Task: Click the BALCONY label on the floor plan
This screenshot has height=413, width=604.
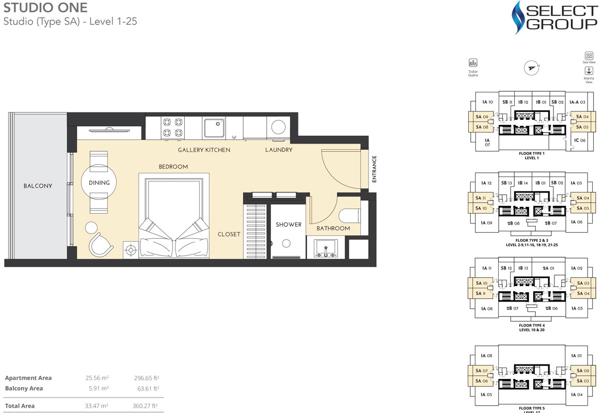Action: point(38,186)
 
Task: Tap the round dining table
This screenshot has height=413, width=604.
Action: point(99,182)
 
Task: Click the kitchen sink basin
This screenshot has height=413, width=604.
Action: point(214,128)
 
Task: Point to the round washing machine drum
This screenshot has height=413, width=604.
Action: point(279,128)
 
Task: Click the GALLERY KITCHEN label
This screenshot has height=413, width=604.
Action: point(204,150)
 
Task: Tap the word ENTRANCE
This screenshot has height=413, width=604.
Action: point(374,169)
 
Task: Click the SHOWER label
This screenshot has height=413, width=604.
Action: point(288,225)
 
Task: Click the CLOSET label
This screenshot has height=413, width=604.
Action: point(229,234)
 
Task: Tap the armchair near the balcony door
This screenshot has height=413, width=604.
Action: point(100,244)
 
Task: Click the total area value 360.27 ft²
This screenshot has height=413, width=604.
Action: point(145,406)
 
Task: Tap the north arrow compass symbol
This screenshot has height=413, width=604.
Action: point(531,67)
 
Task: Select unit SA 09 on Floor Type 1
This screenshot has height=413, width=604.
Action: point(482,117)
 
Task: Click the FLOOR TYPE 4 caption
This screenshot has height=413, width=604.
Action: point(531,326)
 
